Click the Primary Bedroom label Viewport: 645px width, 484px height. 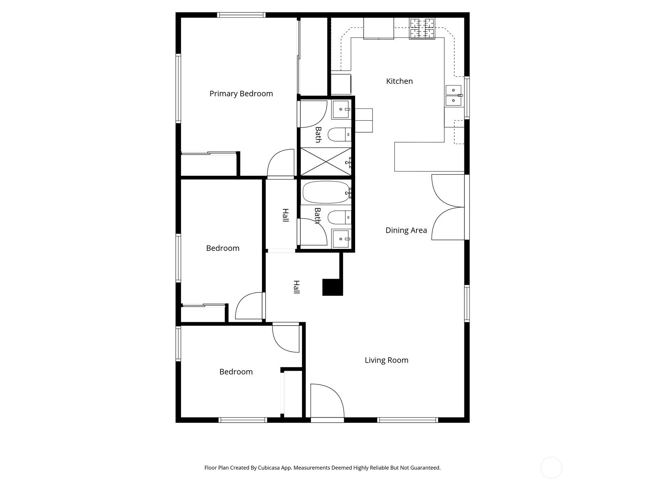[x=241, y=94]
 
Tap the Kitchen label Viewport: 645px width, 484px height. [x=399, y=81]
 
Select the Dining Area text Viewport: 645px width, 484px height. [x=406, y=230]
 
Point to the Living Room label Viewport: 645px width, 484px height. [x=387, y=360]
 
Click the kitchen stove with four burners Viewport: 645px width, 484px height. [x=422, y=29]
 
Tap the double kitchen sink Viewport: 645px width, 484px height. [x=454, y=96]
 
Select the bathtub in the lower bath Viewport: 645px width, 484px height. [x=326, y=192]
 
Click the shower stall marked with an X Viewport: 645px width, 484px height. [x=326, y=162]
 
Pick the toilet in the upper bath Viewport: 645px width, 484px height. [x=339, y=135]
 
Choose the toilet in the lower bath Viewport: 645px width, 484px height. [x=339, y=217]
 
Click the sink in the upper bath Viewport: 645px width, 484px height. [x=341, y=109]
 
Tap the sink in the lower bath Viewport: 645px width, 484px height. [x=341, y=239]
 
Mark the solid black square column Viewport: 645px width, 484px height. [x=333, y=287]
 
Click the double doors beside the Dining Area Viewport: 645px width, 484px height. [x=448, y=207]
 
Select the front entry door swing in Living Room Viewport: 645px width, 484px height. [x=327, y=401]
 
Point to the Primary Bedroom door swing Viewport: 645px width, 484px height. [x=281, y=163]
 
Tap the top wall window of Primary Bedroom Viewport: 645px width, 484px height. [x=241, y=15]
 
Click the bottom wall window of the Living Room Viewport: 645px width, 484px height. [x=408, y=420]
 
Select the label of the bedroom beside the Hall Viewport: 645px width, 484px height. [x=223, y=248]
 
